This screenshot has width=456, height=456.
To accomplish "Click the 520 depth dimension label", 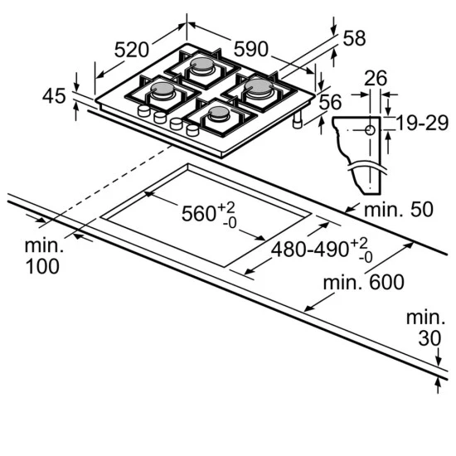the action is [132, 50].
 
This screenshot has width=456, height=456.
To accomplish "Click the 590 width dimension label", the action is [250, 49].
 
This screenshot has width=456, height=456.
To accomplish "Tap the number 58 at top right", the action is [354, 38].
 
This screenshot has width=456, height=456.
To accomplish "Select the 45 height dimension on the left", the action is [54, 96].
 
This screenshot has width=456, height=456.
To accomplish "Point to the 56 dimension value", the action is [330, 102].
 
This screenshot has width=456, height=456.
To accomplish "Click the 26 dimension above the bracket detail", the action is [376, 78].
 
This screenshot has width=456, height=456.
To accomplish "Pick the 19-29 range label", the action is [422, 123].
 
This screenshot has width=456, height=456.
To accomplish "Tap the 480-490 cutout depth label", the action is [310, 250].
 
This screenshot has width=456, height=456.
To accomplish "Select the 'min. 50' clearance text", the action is [399, 209].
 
